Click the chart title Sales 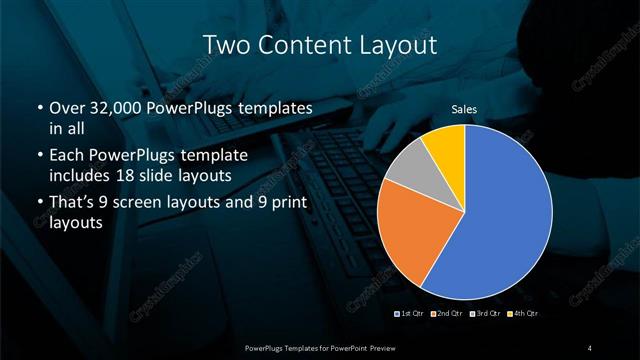tap(463, 109)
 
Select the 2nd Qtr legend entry tap(446, 315)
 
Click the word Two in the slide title tap(225, 44)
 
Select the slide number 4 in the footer tap(590, 347)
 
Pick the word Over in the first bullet tap(66, 108)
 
